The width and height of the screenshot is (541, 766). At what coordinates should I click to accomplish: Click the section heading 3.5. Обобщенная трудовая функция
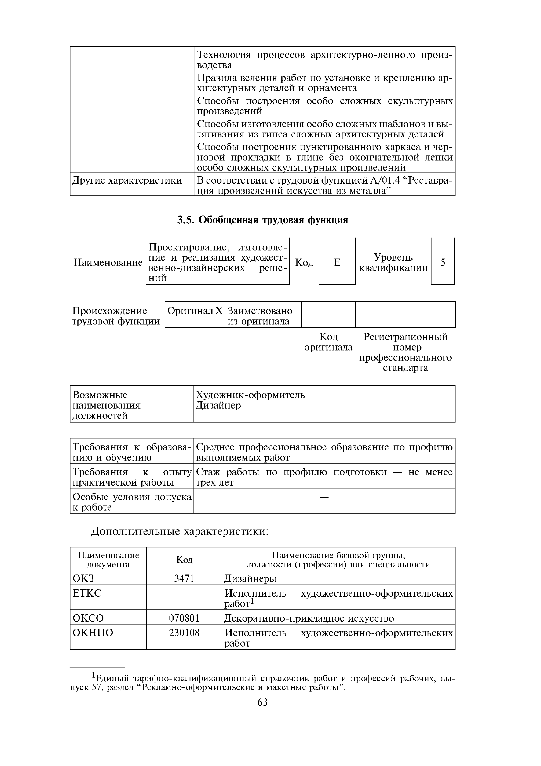(262, 220)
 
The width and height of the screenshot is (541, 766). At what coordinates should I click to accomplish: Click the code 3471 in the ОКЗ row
(184, 578)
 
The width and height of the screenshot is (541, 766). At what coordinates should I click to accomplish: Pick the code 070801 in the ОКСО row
(184, 618)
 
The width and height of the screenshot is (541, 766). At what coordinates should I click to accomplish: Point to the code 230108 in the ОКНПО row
(184, 633)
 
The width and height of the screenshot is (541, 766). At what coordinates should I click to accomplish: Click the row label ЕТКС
(87, 593)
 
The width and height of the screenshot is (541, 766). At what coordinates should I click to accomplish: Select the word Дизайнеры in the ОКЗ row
(250, 578)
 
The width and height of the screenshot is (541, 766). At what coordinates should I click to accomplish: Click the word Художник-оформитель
(250, 395)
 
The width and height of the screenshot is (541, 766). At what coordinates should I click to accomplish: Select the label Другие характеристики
(127, 181)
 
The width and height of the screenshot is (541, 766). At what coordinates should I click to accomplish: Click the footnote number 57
(96, 688)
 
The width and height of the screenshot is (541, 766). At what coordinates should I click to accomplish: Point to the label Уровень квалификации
(393, 262)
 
